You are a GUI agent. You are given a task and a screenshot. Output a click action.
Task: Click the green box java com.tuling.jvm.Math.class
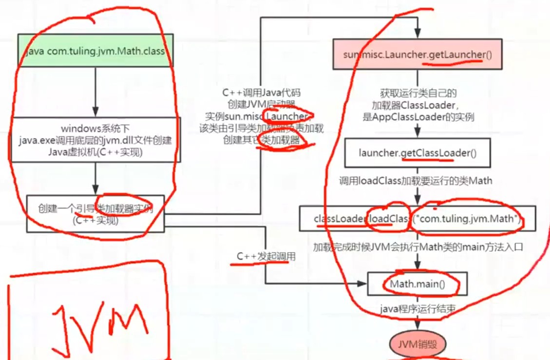click(95, 51)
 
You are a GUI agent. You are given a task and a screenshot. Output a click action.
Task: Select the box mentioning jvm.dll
click(95, 139)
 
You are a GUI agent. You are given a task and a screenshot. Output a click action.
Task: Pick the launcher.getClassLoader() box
click(417, 153)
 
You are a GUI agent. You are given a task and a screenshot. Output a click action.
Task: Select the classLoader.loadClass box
click(417, 219)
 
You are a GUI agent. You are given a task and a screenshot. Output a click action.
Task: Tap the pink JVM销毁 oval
click(417, 345)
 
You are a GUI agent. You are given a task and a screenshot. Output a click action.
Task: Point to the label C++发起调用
click(266, 256)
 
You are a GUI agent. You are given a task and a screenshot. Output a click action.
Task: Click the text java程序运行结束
click(417, 308)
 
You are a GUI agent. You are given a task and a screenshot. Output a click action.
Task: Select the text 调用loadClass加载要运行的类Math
click(416, 181)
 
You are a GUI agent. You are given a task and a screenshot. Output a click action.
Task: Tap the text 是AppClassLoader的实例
click(418, 117)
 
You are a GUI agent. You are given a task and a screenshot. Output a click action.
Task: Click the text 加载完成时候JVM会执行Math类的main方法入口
click(418, 246)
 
